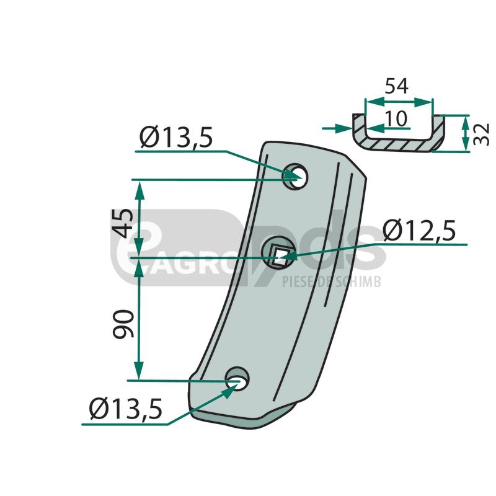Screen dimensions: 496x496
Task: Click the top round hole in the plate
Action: [x=296, y=177]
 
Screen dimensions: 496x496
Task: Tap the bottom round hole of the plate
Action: [x=237, y=379]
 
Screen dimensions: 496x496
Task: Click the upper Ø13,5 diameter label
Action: [x=176, y=138]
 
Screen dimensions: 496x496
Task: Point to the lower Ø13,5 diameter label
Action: [x=126, y=409]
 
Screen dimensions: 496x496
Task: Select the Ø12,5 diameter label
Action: [x=419, y=230]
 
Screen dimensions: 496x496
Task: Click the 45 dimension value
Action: [x=123, y=223]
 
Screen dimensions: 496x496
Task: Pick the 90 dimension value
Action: [x=123, y=324]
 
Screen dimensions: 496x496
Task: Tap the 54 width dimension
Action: [x=396, y=86]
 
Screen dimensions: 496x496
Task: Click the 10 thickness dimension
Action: [x=396, y=118]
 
